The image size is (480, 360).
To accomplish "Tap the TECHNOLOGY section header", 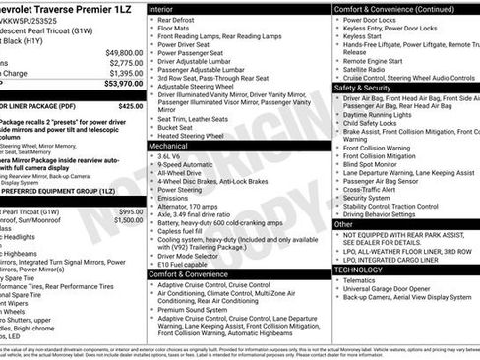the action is [358, 269].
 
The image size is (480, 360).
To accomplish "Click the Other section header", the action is [344, 224].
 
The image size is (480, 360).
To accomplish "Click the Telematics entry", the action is [365, 279].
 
